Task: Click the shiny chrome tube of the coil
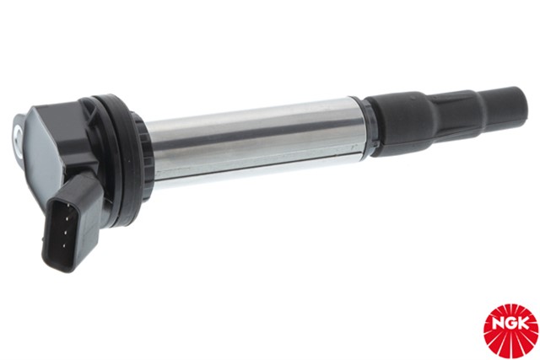coord(253,139)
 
